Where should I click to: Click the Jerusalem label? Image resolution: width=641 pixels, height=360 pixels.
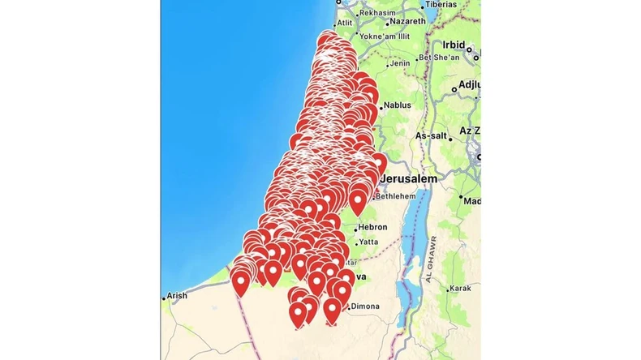tap(408, 178)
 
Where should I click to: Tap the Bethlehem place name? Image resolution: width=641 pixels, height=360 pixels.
tap(394, 196)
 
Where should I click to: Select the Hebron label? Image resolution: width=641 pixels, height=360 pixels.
tap(373, 227)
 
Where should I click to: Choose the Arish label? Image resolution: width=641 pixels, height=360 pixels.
tap(177, 296)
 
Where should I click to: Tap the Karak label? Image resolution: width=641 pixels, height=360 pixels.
tap(461, 288)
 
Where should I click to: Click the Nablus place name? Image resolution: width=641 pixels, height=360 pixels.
tap(397, 105)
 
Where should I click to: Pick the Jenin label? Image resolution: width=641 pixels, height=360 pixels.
tap(400, 63)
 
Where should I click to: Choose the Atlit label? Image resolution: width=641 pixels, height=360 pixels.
tap(344, 24)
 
